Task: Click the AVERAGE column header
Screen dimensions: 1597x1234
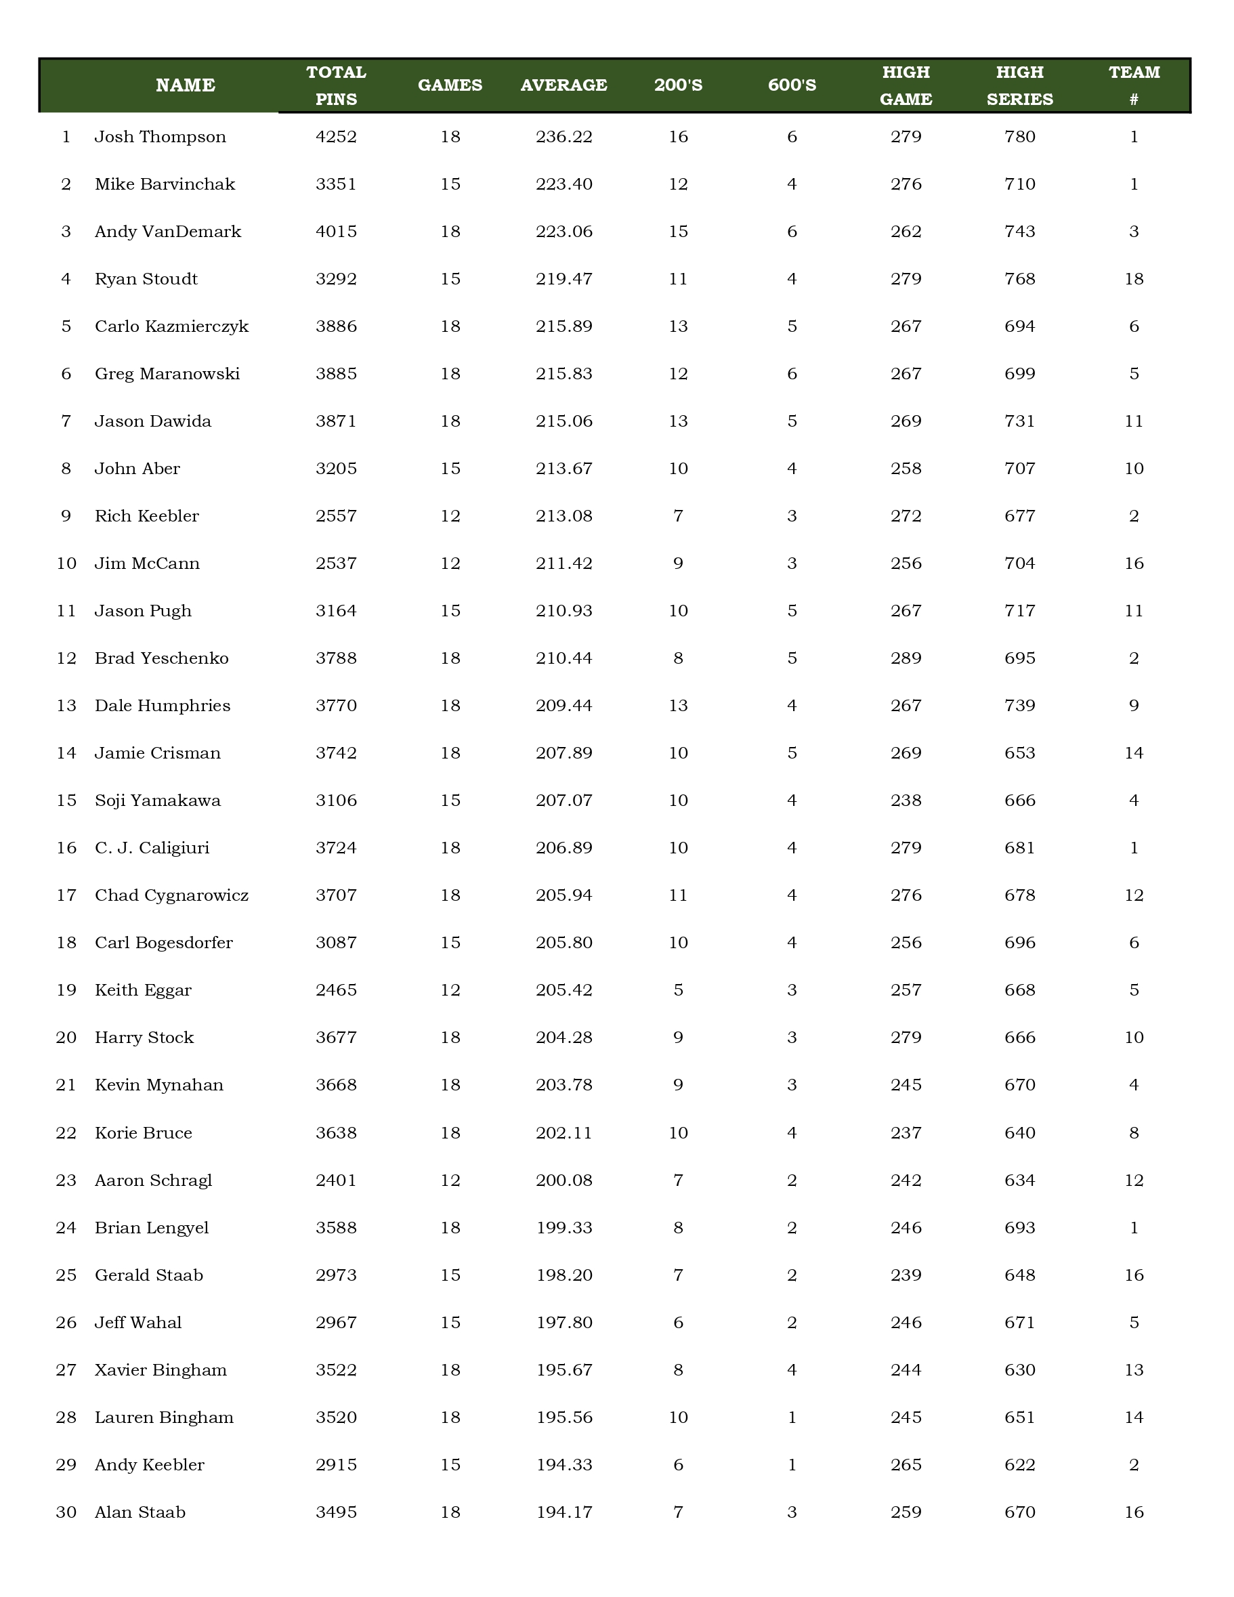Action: [x=563, y=85]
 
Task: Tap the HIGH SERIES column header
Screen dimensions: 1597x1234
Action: [x=1020, y=85]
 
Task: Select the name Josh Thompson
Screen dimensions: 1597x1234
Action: [x=160, y=137]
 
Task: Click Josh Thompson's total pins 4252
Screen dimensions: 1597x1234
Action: [x=337, y=137]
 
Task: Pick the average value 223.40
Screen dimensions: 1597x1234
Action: [x=563, y=184]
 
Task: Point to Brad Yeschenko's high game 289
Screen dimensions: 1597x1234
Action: [x=906, y=658]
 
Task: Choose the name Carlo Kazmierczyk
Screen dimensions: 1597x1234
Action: [x=172, y=326]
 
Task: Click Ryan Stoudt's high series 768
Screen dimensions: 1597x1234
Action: [x=1020, y=278]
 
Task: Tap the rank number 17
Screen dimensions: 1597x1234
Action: [x=66, y=895]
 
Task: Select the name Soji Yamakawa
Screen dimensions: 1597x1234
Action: [x=157, y=801]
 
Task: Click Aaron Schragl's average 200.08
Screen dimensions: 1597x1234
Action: [x=563, y=1180]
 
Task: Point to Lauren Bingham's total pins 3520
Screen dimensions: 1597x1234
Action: [x=337, y=1417]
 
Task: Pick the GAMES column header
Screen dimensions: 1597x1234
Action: [x=450, y=85]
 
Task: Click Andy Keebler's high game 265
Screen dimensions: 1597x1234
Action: [x=906, y=1465]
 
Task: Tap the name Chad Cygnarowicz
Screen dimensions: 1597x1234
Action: [x=172, y=895]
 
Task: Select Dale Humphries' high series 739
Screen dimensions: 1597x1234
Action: [x=1020, y=706]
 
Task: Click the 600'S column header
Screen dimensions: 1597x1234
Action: [x=792, y=85]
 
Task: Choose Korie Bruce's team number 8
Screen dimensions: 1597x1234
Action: [x=1134, y=1132]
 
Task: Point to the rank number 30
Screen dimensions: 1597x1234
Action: [x=66, y=1512]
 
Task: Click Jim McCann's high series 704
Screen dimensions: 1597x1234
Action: [x=1020, y=563]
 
